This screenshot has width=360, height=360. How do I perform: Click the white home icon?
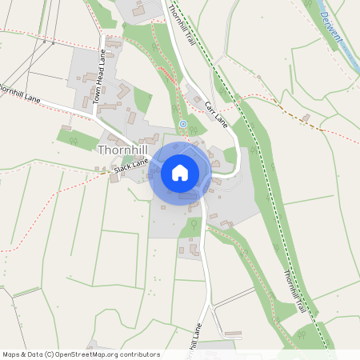pyautogui.click(x=179, y=172)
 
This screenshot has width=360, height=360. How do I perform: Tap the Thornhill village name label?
pyautogui.click(x=123, y=150)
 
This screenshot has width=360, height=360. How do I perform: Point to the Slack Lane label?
pyautogui.click(x=131, y=166)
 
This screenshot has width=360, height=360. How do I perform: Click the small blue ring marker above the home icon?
pyautogui.click(x=183, y=124)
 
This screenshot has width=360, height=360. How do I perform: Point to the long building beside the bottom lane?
pyautogui.click(x=233, y=333)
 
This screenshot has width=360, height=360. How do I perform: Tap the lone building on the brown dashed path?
pyautogui.click(x=306, y=118)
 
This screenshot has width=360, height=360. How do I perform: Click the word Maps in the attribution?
pyautogui.click(x=12, y=354)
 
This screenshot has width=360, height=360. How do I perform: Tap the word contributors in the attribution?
pyautogui.click(x=141, y=354)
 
